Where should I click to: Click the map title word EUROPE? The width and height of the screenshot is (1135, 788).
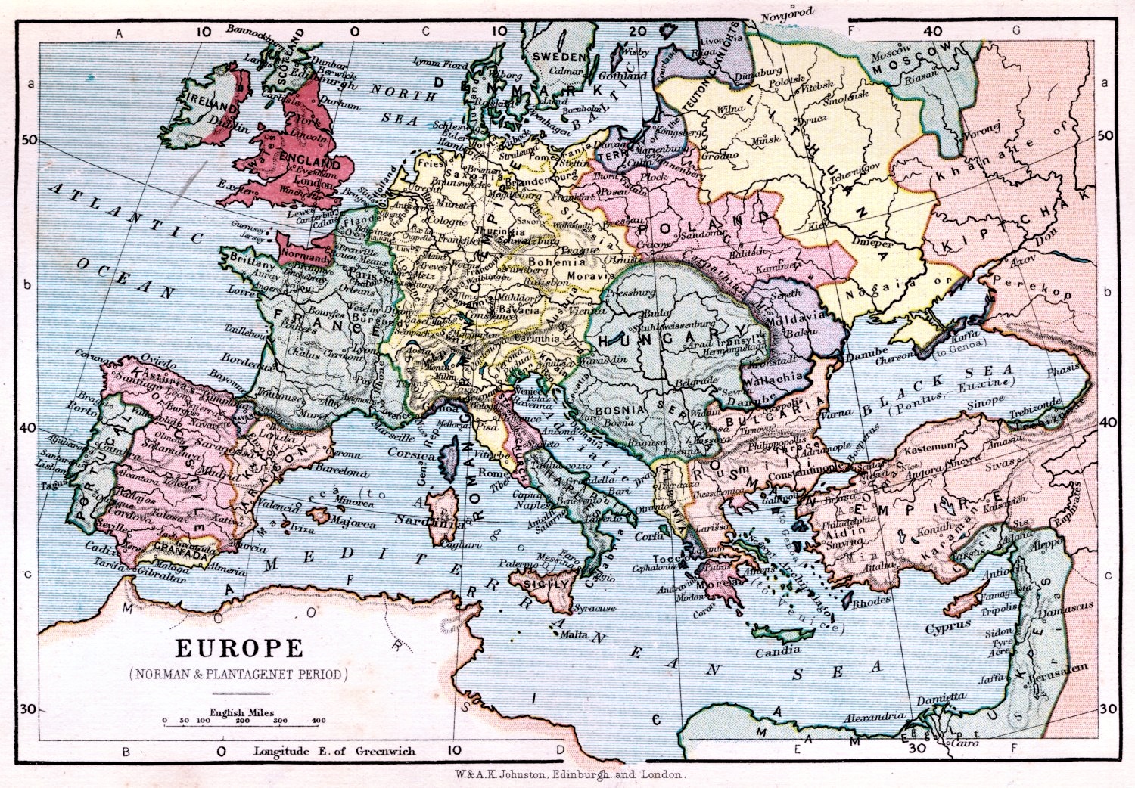click(239, 649)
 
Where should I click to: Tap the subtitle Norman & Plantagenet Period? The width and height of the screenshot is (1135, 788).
click(239, 673)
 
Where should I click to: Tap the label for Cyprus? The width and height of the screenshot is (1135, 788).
click(948, 628)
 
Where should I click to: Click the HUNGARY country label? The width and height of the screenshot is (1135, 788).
click(658, 340)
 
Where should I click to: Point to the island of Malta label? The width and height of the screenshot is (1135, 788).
click(574, 635)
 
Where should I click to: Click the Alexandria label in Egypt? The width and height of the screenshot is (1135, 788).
click(874, 716)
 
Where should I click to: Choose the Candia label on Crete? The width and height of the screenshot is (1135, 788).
click(777, 651)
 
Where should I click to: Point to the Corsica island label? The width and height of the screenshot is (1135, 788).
click(411, 454)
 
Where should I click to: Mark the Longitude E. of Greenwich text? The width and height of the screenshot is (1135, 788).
click(334, 751)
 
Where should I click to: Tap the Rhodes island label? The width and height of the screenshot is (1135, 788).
click(871, 603)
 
